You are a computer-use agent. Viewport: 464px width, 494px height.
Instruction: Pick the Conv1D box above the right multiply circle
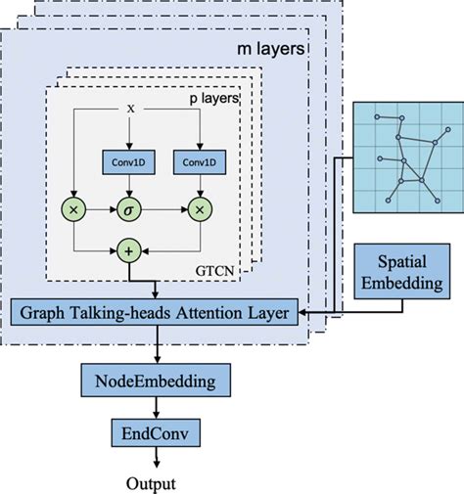click(199, 160)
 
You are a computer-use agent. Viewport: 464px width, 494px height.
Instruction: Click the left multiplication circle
click(73, 208)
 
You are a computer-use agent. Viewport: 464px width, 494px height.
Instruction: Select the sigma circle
click(128, 208)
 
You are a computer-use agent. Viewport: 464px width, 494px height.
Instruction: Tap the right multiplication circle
click(199, 208)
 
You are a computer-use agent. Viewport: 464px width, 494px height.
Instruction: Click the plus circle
click(128, 251)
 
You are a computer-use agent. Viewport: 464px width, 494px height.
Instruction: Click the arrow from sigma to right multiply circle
click(163, 208)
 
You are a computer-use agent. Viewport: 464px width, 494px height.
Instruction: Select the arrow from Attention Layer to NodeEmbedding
click(156, 346)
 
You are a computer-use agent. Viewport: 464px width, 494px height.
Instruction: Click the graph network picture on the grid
click(403, 156)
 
